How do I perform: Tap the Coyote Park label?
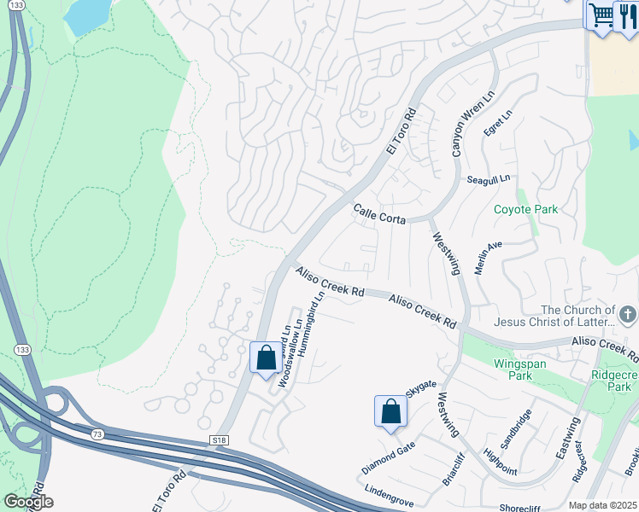(x=525, y=209)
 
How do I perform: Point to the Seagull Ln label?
(x=488, y=179)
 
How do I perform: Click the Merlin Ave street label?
(x=489, y=258)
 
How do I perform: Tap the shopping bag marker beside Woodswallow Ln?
(x=266, y=357)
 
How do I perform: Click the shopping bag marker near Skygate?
(x=390, y=411)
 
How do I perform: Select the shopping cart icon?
(x=601, y=15)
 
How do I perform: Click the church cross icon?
(x=629, y=315)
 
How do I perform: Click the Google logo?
(x=28, y=502)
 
